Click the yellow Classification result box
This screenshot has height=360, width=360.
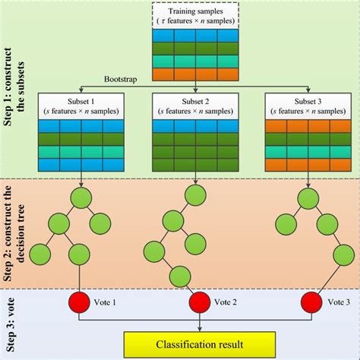[x=201, y=343]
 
